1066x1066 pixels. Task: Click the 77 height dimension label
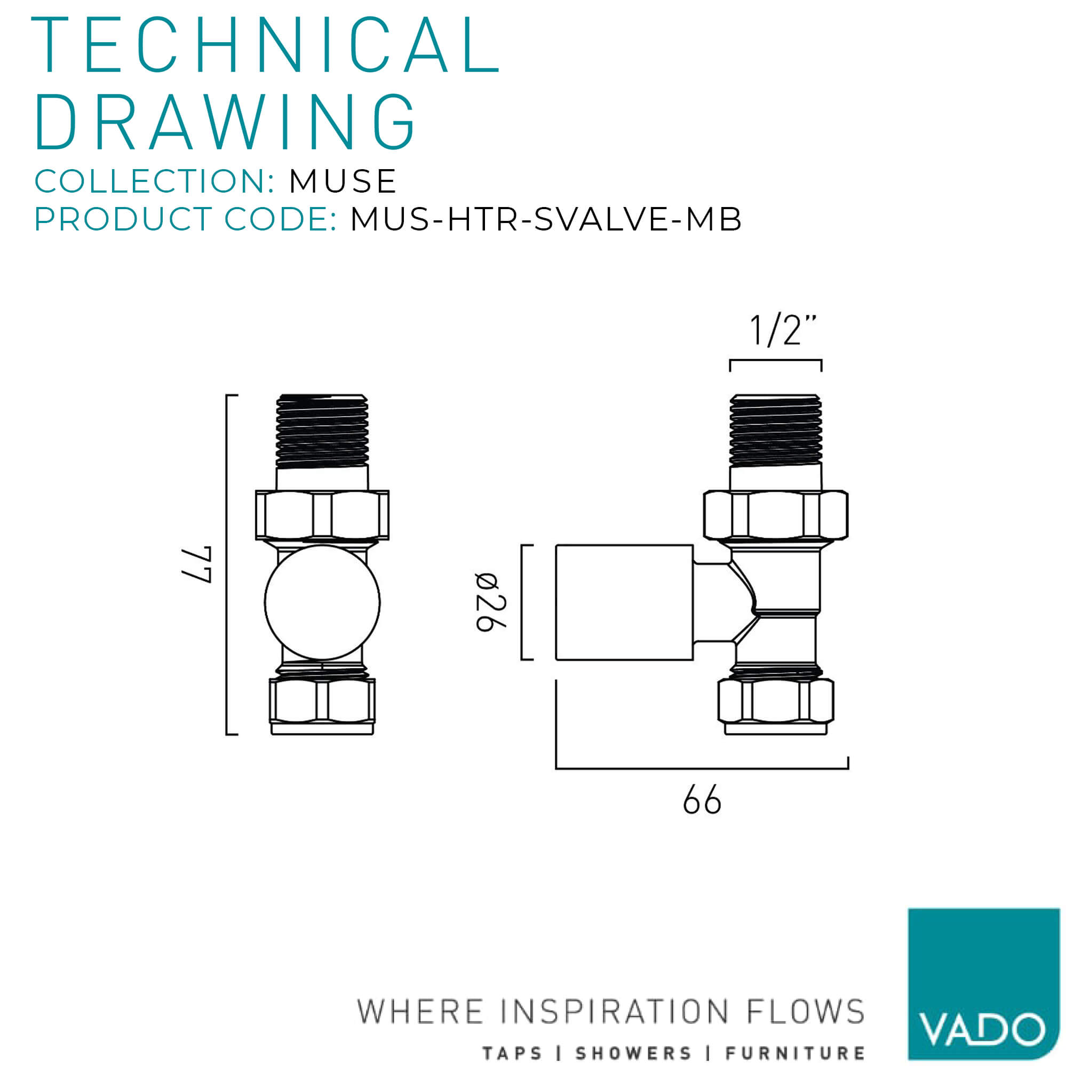pyautogui.click(x=197, y=565)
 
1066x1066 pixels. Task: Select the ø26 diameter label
pyautogui.click(x=490, y=602)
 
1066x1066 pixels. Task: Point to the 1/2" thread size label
pyautogui.click(x=782, y=330)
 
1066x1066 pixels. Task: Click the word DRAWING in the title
pyautogui.click(x=225, y=122)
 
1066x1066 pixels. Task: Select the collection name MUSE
pyautogui.click(x=342, y=181)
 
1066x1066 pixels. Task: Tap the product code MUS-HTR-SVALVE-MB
pyautogui.click(x=546, y=219)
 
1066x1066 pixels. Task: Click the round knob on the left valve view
pyautogui.click(x=322, y=602)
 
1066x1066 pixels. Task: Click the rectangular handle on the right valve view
pyautogui.click(x=624, y=602)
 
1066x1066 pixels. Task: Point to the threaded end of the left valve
pyautogui.click(x=322, y=431)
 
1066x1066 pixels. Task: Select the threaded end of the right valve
pyautogui.click(x=775, y=431)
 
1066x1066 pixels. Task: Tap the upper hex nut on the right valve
pyautogui.click(x=775, y=515)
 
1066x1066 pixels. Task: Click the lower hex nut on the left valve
pyautogui.click(x=322, y=700)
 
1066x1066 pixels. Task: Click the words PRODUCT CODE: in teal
pyautogui.click(x=185, y=219)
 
